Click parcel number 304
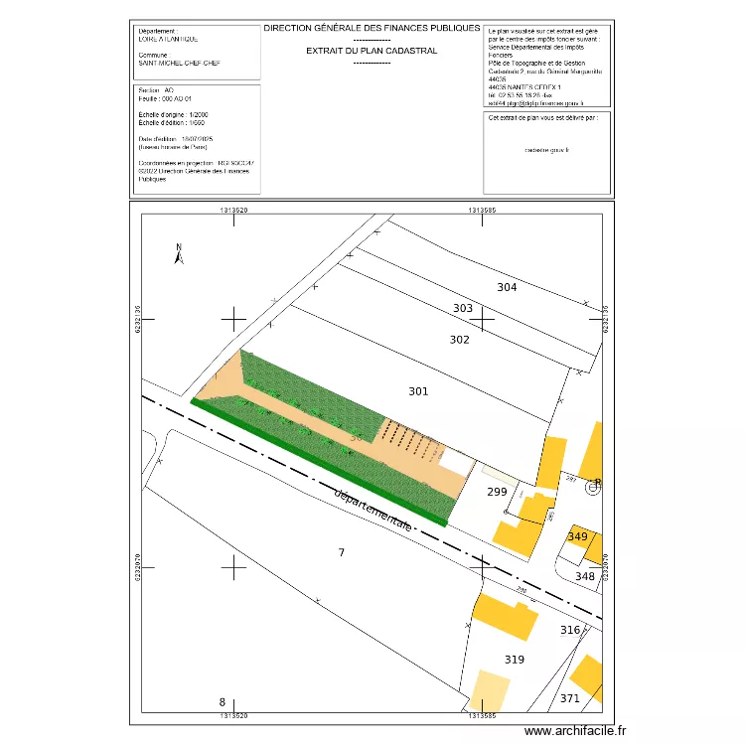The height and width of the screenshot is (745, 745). coord(507,287)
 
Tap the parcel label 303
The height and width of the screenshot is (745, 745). coord(463,308)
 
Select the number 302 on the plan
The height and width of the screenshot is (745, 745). coord(459,340)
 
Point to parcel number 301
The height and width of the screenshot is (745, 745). coord(418,391)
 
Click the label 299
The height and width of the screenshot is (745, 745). coord(496,492)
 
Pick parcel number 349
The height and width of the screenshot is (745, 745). coord(577,536)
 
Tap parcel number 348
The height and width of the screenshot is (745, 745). coord(585,576)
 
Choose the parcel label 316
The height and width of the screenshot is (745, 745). coord(569,630)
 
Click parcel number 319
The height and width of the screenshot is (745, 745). coord(514,659)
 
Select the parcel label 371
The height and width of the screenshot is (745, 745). coord(569,698)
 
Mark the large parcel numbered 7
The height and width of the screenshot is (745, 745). coord(342,551)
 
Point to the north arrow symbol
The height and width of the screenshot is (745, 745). coord(179,254)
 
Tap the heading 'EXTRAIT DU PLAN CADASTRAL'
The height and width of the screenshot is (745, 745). coord(372,50)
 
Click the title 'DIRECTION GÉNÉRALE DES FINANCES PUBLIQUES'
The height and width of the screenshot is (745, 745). coord(372,29)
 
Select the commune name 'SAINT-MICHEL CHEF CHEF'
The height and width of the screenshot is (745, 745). coord(180,63)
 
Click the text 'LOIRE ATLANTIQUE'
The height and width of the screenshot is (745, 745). coord(169,39)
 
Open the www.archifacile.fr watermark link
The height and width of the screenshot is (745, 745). coord(576,730)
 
